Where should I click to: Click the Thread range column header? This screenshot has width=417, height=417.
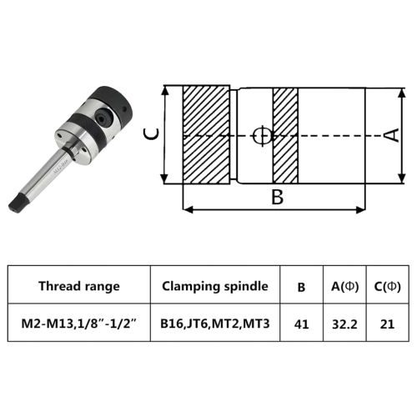point(79,286)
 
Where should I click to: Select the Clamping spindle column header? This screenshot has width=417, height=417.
point(215,286)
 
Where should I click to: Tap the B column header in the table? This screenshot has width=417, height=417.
point(301,287)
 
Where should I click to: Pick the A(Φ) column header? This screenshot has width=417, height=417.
point(344,286)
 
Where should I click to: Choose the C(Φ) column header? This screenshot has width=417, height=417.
point(387,286)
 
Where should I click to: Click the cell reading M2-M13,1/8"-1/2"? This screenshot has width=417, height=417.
point(79,324)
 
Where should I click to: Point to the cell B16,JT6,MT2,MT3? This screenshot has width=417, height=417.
point(215,324)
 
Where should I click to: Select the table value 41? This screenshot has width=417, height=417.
point(301,324)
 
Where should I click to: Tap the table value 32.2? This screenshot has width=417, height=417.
point(344,324)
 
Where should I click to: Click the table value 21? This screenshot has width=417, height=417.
point(387,324)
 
